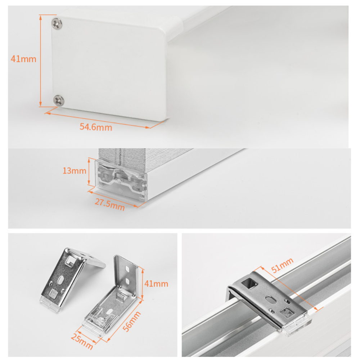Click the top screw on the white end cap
[x=57, y=23]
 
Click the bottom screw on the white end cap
[x=59, y=100]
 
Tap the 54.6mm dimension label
[x=96, y=127]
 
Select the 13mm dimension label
[x=75, y=171]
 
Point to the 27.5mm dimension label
[x=110, y=204]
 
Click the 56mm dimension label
[x=131, y=321]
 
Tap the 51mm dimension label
[x=282, y=265]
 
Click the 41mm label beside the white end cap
[x=23, y=59]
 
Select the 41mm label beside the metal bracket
[x=156, y=284]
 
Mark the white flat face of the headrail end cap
[x=108, y=68]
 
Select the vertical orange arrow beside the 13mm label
[x=89, y=171]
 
